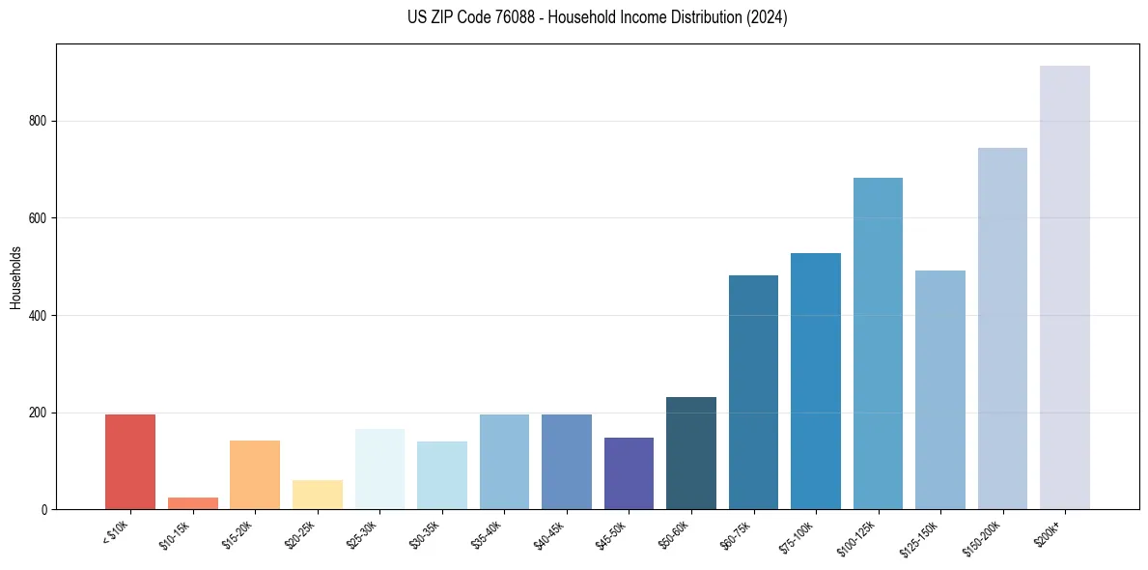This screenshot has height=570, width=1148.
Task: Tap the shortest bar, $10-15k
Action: click(192, 503)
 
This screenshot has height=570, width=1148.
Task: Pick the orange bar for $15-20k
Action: click(255, 474)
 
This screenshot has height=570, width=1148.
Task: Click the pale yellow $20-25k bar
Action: click(317, 495)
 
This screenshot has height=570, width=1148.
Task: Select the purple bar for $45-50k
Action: click(629, 473)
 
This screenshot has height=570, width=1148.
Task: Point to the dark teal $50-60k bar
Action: click(691, 453)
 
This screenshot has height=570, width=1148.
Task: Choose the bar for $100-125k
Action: click(878, 343)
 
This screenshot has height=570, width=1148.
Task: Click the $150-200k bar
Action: click(1002, 328)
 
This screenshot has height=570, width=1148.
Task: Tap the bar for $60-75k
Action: click(753, 392)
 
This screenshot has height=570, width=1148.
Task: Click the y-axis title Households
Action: click(15, 277)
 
